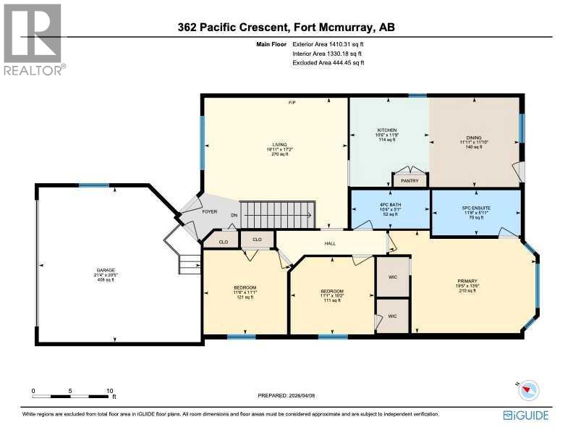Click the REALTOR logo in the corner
point(33,39)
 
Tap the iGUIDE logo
point(526,415)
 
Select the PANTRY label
point(410,180)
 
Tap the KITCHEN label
point(386,130)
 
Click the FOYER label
point(210,213)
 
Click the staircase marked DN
point(279,214)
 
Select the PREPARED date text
point(286,395)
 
